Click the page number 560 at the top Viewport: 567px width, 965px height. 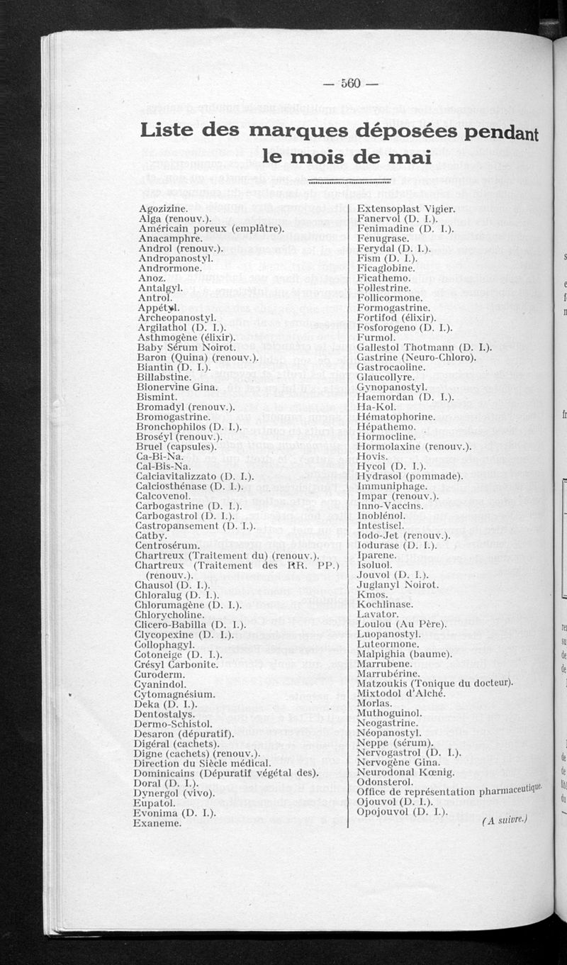click(351, 83)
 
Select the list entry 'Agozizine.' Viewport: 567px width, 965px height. click(163, 209)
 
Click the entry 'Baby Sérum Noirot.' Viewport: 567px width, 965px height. click(186, 348)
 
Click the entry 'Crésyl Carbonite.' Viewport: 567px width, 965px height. click(175, 664)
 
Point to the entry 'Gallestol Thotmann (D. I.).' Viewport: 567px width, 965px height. click(425, 348)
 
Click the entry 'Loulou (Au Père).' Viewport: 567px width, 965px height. click(401, 624)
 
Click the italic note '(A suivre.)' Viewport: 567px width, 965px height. click(505, 820)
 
